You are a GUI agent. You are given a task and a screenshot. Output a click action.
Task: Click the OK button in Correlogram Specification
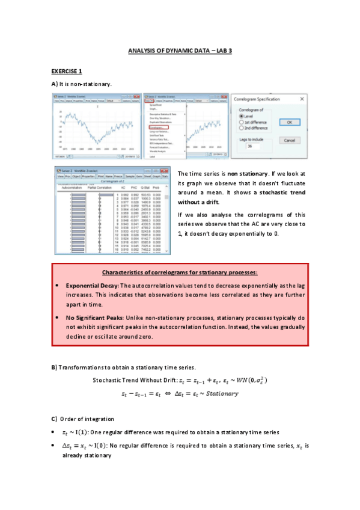pos(289,122)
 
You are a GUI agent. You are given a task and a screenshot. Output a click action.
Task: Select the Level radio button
pos(242,117)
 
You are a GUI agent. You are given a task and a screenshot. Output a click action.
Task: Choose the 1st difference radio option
pos(242,122)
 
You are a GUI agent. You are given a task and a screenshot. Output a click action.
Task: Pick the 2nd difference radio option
pos(242,127)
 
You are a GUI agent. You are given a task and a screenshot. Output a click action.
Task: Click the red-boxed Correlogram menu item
pos(161,127)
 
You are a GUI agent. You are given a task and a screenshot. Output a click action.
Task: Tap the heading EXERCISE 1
pos(66,71)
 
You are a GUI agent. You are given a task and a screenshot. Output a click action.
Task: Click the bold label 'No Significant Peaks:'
pos(96,316)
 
